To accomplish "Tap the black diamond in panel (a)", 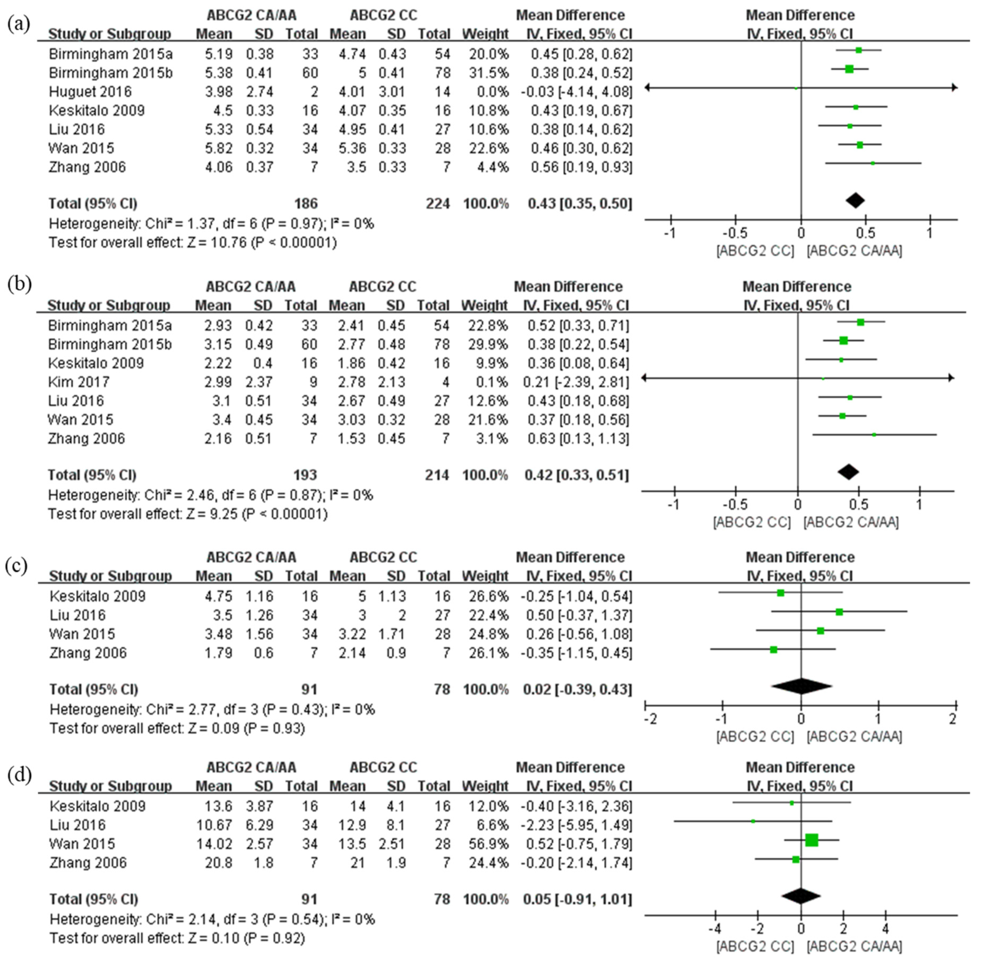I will (x=855, y=200).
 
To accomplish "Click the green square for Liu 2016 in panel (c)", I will (x=839, y=612).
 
